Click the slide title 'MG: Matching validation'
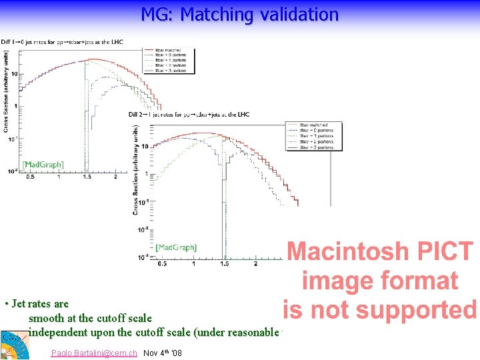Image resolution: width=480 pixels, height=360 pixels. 239,14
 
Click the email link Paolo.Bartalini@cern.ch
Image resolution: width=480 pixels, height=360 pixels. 94,353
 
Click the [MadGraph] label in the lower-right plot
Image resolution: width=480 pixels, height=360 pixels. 176,247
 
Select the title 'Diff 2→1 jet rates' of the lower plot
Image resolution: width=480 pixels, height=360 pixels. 190,114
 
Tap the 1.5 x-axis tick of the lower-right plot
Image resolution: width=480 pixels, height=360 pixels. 225,264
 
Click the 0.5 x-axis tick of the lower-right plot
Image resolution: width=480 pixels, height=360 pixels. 163,264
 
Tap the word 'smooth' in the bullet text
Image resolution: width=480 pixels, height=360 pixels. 46,318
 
